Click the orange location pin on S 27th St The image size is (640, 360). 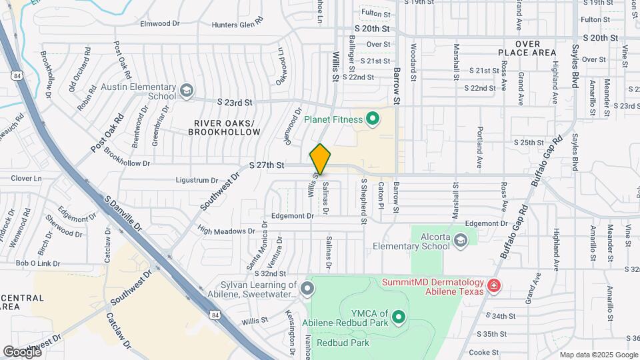pos(320,159)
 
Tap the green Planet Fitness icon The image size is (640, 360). pos(373,119)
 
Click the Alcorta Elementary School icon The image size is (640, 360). pos(460,240)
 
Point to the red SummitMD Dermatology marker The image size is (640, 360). pos(493,286)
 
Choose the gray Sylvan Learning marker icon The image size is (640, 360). pos(307,289)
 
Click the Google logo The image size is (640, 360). pos(21,351)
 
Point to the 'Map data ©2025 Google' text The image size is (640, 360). pos(599,355)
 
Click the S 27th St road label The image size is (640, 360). pos(267,165)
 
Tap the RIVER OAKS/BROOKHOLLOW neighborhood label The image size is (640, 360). pos(227,128)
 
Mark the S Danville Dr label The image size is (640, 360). pos(123,213)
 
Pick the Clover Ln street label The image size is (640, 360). pos(26,179)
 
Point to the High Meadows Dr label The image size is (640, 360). pos(227,231)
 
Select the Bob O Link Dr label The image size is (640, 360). pos(38,263)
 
